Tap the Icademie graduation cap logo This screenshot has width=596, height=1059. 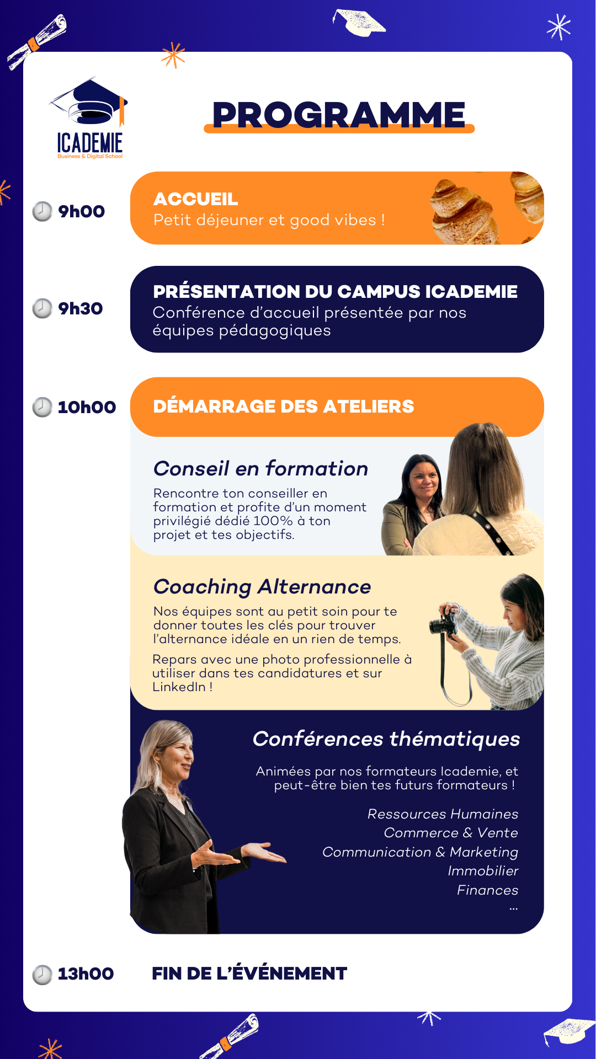(90, 118)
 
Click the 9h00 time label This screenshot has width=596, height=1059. (82, 211)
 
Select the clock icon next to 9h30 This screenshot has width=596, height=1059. (42, 308)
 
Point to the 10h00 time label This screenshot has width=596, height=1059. (87, 407)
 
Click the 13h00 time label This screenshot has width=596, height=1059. (86, 974)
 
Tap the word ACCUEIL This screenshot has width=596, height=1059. (196, 199)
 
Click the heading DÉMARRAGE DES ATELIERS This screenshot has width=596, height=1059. (284, 406)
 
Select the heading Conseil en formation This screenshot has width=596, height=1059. (261, 468)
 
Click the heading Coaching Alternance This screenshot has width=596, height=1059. (262, 587)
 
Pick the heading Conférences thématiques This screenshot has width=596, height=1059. (386, 739)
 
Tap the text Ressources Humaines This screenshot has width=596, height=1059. (443, 814)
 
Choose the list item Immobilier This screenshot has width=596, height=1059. (483, 870)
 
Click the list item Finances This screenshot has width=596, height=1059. (488, 890)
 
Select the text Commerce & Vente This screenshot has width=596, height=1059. (451, 832)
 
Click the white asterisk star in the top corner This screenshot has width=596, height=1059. (559, 26)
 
